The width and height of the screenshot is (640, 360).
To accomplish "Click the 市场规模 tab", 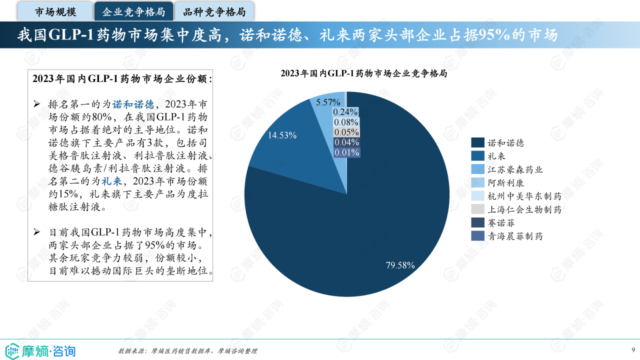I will point(55,11).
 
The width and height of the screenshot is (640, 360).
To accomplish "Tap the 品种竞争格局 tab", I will point(214,11).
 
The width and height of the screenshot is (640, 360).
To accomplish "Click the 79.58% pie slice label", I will point(400,265).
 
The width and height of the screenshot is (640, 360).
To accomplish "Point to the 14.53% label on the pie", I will point(282,135).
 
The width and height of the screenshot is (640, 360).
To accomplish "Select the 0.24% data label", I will point(346,112).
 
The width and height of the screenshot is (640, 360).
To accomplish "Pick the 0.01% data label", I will point(346,152).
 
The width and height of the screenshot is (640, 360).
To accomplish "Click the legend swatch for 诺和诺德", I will point(477,143).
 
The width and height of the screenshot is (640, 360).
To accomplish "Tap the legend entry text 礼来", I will point(496,156).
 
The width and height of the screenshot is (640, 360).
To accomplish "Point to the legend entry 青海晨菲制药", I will point(515,236).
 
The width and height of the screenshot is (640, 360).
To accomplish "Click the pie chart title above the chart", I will point(363,73).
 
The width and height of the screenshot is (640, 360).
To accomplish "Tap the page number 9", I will point(633,349).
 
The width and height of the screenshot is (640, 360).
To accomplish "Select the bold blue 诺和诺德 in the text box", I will point(133,104).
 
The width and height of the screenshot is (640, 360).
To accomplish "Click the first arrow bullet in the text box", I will point(36,104).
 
